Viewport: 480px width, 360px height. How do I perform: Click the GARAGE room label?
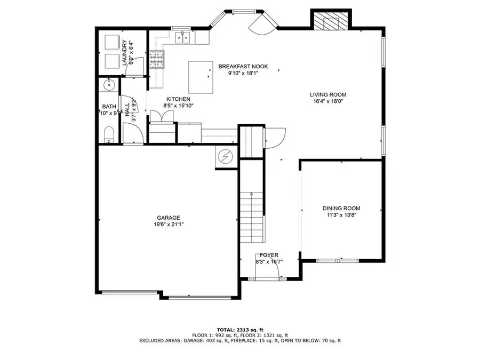pos(168,217)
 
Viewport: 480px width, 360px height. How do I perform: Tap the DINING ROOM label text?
pos(341,208)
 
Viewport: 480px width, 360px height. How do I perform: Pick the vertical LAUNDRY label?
pos(124,52)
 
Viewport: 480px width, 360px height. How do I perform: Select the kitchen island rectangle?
pos(200,77)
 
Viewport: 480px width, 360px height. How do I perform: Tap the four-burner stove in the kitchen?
pos(156,60)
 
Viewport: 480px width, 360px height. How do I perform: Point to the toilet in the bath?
pos(108,135)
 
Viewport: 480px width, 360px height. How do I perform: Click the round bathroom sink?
pos(109,84)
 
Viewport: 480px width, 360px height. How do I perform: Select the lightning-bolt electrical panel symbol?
pos(225,156)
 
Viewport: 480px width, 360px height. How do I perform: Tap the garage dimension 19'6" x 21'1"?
pos(168,225)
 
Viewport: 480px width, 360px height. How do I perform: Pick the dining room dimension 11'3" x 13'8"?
pos(341,215)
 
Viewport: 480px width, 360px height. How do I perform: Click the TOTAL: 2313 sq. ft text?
pos(240,330)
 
